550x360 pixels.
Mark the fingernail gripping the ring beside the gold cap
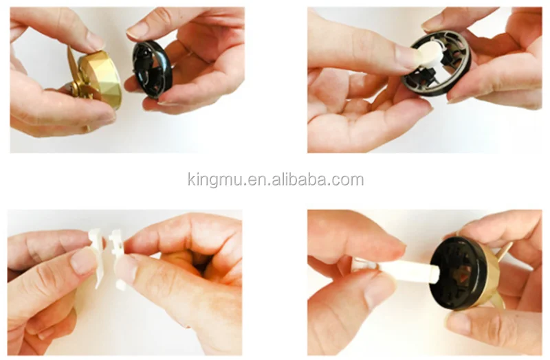coord(137,30)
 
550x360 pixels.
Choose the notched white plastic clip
coord(117,248)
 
